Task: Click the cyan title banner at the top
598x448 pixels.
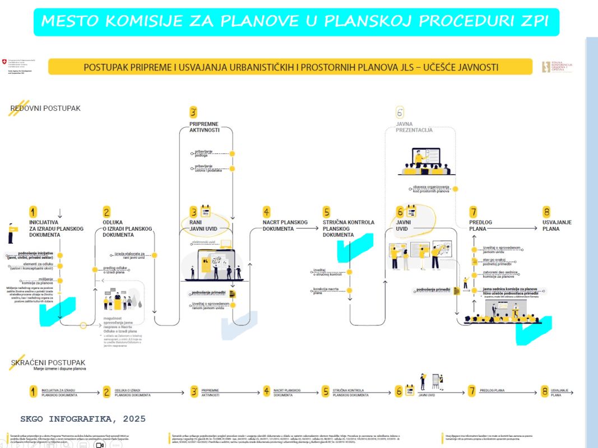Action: click(299, 22)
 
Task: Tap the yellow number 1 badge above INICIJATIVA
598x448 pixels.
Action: click(33, 212)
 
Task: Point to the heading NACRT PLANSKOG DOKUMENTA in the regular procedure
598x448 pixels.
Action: click(285, 225)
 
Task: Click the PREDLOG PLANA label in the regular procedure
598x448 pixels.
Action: click(481, 225)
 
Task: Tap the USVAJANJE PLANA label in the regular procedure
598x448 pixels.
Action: click(557, 225)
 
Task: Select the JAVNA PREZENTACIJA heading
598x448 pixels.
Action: click(414, 127)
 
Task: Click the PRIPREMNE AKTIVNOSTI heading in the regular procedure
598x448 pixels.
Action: click(204, 127)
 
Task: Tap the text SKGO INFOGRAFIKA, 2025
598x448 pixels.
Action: click(82, 419)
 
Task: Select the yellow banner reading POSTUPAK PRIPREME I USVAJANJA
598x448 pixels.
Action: click(290, 67)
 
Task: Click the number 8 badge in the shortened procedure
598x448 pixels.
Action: click(544, 391)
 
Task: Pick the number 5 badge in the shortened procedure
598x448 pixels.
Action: click(326, 391)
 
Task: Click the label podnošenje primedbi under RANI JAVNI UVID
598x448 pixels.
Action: click(208, 293)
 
